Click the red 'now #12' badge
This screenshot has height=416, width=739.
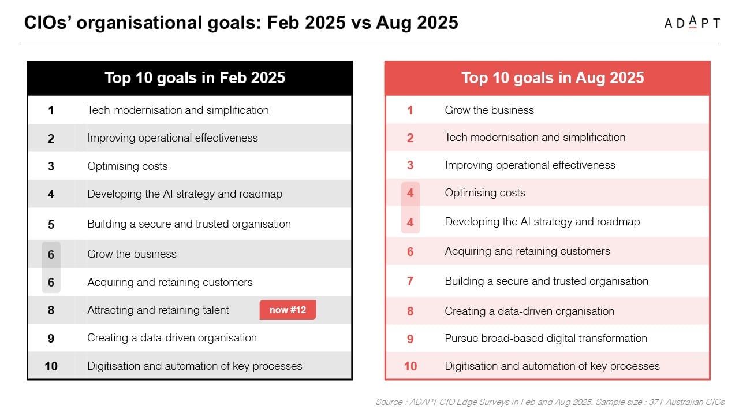[x=288, y=310]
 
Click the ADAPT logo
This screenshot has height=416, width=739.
[x=692, y=23]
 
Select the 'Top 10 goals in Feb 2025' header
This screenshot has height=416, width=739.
[x=195, y=78]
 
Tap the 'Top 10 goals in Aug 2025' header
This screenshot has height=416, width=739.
[x=553, y=78]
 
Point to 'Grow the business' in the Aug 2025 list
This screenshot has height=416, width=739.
[x=489, y=110]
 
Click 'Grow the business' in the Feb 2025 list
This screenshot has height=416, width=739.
[x=132, y=254]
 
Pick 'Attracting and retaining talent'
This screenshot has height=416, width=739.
[x=158, y=310]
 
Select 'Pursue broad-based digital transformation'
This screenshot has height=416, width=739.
[x=546, y=339]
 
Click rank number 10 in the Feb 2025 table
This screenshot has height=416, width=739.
[x=51, y=366]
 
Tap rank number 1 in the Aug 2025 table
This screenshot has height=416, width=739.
[x=410, y=110]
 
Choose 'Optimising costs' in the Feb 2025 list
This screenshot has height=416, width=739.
[x=128, y=166]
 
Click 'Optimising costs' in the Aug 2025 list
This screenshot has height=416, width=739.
[x=485, y=193]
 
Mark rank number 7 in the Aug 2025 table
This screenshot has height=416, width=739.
[x=410, y=281]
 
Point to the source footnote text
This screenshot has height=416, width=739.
[x=550, y=402]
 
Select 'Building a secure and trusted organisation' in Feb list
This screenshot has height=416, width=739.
[x=189, y=224]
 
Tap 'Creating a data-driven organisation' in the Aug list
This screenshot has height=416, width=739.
[x=529, y=311]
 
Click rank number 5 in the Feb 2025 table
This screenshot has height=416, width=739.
[x=51, y=225]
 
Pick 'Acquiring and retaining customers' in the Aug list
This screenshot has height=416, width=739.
[x=528, y=251]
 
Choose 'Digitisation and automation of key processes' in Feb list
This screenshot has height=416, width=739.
[x=195, y=366]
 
